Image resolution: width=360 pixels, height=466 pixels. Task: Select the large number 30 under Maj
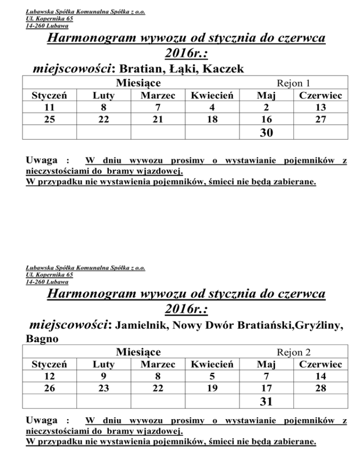point(267,134)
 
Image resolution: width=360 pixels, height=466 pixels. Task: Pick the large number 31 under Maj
point(267,402)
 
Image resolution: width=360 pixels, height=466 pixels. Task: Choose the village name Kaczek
point(223,70)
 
